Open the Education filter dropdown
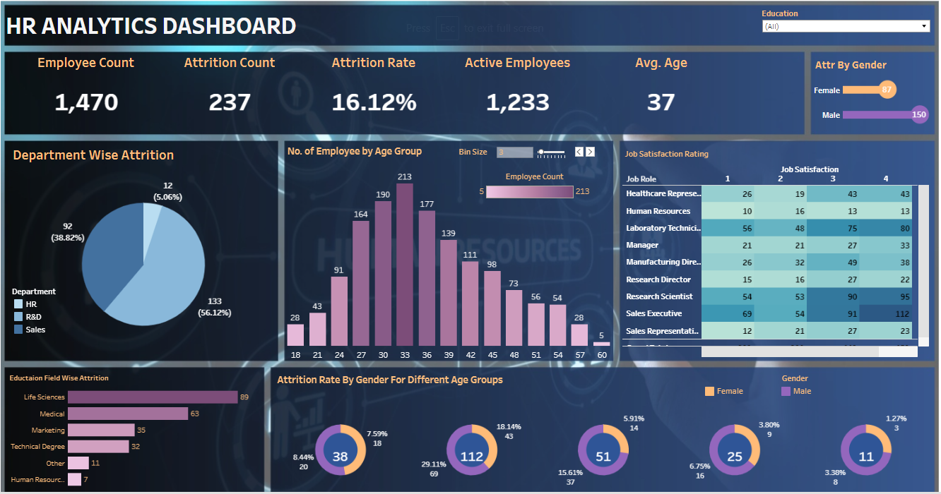(x=846, y=26)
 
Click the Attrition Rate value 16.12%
(x=374, y=102)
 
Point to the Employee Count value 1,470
(x=86, y=102)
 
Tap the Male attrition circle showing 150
(x=919, y=114)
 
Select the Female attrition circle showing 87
(x=887, y=90)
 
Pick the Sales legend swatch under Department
(x=18, y=330)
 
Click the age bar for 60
(x=601, y=344)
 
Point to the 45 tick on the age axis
(x=492, y=354)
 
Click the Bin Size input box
(x=514, y=152)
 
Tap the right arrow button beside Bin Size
(x=591, y=152)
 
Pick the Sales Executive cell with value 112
(x=886, y=313)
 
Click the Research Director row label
(x=658, y=279)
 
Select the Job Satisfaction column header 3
(x=833, y=179)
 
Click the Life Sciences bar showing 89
(x=153, y=397)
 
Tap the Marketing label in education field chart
(x=47, y=430)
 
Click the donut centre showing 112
(x=472, y=457)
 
